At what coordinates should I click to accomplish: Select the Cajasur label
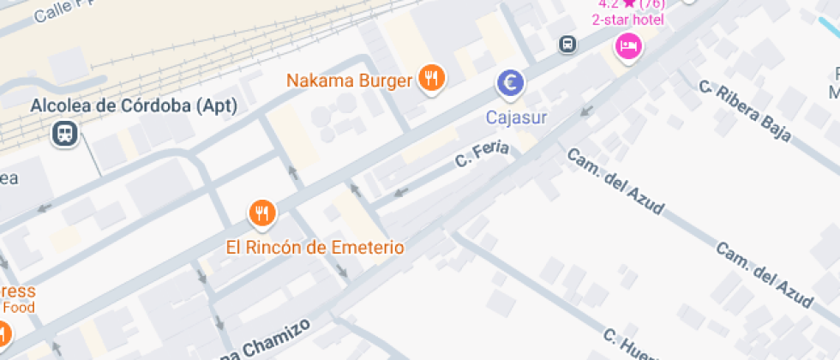(516, 116)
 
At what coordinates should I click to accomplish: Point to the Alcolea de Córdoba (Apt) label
(133, 106)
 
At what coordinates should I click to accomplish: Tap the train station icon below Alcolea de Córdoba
(64, 133)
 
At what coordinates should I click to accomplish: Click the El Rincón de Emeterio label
(315, 248)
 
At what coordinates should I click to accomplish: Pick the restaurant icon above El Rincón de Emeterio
(262, 212)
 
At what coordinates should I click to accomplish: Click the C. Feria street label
(482, 154)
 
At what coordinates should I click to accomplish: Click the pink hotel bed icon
(629, 45)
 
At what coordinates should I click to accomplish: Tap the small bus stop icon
(567, 44)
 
